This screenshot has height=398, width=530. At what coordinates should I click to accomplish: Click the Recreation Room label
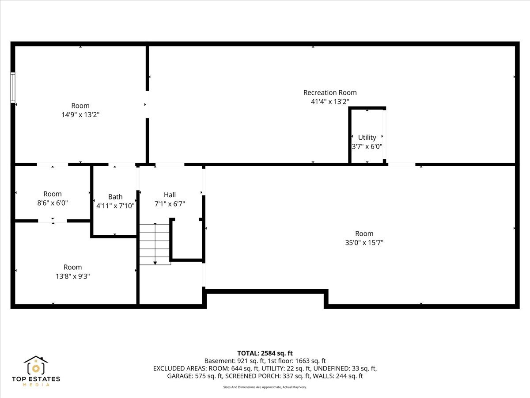[330, 92]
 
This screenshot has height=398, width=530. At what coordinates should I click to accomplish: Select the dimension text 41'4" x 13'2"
[330, 102]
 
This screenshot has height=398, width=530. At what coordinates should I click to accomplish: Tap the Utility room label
[367, 138]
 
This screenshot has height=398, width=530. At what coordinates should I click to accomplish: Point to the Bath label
[115, 197]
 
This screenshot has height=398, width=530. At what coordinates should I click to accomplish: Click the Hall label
[170, 195]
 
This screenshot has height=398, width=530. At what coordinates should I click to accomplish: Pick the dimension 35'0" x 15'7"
[364, 243]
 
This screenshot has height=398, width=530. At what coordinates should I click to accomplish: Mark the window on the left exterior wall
[13, 88]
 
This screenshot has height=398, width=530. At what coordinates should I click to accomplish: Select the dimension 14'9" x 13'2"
[80, 115]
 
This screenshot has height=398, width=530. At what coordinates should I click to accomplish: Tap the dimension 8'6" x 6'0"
[53, 203]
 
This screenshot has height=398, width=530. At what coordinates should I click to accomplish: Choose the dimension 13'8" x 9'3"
[72, 276]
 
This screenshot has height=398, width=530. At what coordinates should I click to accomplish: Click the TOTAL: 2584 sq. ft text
[265, 353]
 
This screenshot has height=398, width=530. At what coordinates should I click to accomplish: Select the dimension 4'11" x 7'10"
[115, 206]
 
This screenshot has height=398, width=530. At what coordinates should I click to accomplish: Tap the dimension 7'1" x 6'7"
[170, 204]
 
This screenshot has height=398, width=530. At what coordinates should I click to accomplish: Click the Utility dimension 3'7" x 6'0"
[367, 146]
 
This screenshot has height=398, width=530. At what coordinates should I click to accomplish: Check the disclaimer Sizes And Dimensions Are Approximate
[265, 387]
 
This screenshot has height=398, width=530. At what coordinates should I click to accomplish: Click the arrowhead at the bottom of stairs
[155, 263]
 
